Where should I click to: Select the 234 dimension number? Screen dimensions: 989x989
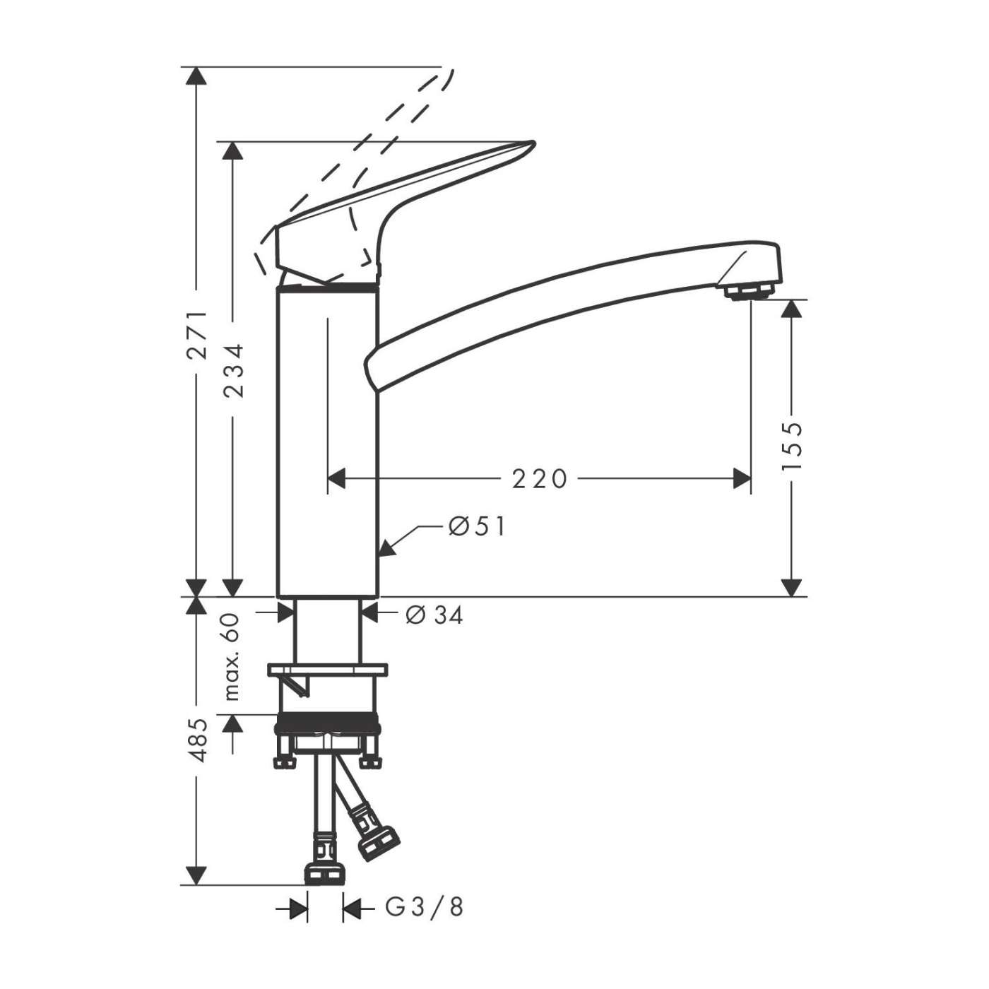[234, 370]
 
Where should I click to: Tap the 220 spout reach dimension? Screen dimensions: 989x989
[540, 479]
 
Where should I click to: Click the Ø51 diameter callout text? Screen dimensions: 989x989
[478, 526]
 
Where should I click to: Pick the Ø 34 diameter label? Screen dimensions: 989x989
[434, 615]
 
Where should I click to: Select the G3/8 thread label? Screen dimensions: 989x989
[425, 907]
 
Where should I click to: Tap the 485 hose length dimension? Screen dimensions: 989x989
[200, 740]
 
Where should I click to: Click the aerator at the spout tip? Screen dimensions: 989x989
[749, 291]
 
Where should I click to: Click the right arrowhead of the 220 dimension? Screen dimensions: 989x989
[742, 479]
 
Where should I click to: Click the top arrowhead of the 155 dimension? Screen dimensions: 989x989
[793, 308]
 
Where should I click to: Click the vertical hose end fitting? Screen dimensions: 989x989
[325, 873]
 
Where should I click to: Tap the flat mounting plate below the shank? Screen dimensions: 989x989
[328, 668]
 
